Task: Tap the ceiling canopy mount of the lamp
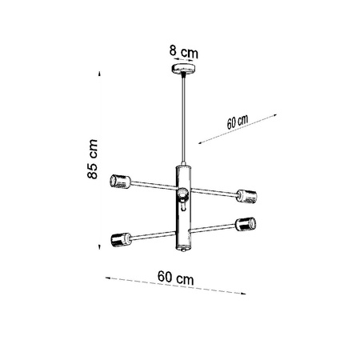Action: coord(184,71)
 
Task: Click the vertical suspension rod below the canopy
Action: coord(184,120)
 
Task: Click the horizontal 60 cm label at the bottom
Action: coord(175,278)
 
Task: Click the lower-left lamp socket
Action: coord(119,238)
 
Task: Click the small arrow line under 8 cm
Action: coord(184,62)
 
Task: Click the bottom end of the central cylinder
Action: coord(185,250)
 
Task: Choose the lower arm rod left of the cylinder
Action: coord(152,233)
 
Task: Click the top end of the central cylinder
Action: coord(184,166)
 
